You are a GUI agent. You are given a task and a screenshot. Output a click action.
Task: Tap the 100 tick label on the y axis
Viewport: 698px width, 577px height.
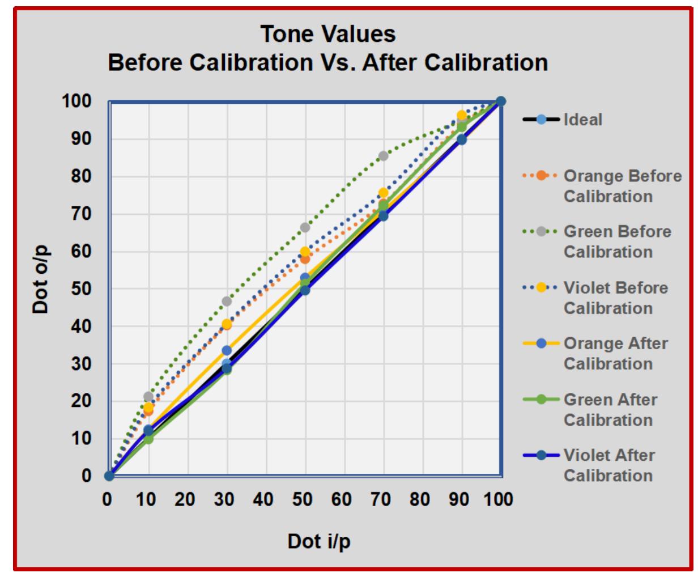77,102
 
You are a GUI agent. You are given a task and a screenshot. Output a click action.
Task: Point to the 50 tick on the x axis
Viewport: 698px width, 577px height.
305,499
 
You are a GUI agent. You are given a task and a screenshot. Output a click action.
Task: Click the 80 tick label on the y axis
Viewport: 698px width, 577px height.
83,177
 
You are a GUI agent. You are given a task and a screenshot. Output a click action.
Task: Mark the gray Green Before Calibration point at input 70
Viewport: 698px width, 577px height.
384,156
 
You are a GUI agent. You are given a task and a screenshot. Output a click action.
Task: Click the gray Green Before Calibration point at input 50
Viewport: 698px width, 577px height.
305,227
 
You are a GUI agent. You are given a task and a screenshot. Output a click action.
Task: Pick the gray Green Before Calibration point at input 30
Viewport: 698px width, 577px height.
227,301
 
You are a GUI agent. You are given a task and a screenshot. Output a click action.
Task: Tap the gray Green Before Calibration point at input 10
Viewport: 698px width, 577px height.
148,396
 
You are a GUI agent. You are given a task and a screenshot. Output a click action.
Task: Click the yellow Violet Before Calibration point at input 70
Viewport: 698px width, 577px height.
384,193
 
